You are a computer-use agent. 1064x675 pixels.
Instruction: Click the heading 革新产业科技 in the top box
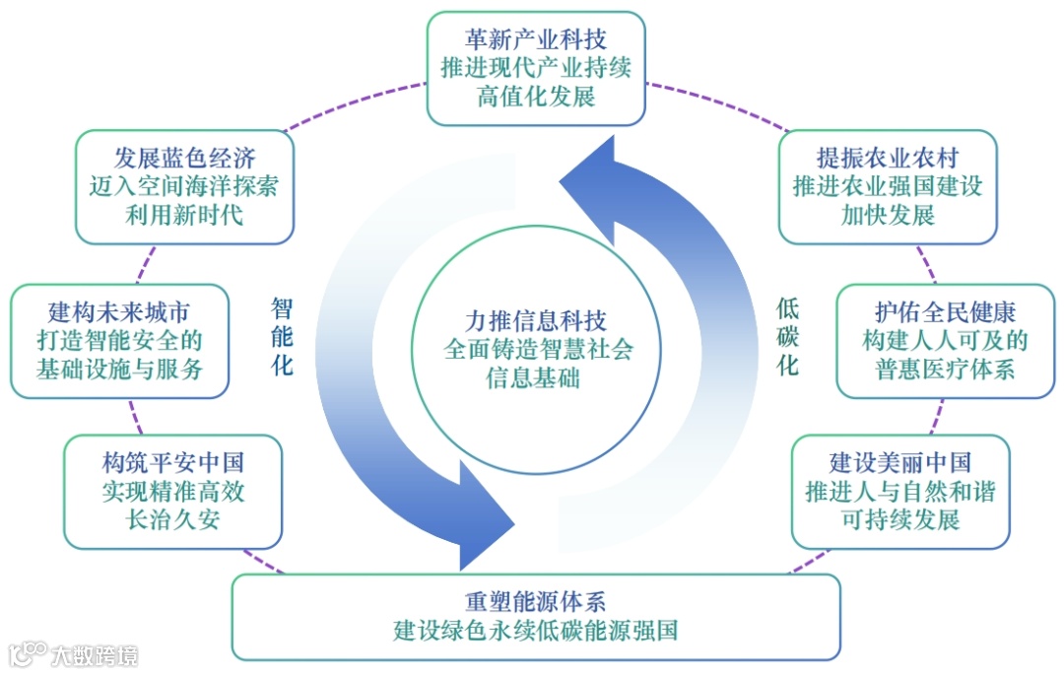tap(536, 39)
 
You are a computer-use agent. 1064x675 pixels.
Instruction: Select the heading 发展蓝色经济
tap(184, 158)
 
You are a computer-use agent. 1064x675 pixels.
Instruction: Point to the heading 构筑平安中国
tap(172, 462)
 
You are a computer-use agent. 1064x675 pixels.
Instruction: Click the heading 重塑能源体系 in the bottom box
tap(536, 601)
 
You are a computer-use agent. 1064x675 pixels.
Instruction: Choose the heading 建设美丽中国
tap(900, 462)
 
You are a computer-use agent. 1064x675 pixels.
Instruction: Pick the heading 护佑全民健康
tap(945, 312)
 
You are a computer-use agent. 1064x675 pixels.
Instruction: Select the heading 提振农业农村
tap(888, 158)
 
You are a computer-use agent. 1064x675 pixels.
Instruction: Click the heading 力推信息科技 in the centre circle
tap(536, 320)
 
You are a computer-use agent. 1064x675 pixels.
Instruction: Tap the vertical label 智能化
tap(282, 336)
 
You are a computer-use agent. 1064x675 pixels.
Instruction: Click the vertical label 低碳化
tap(787, 336)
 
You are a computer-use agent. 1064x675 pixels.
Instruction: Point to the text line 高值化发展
tap(536, 98)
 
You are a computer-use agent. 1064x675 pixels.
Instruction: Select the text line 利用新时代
tap(184, 215)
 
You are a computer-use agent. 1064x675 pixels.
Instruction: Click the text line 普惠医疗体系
tap(945, 371)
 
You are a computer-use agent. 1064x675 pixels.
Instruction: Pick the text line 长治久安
tap(172, 519)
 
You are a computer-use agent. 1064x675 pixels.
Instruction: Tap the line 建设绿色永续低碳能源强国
tap(536, 631)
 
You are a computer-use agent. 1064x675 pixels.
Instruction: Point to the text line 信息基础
tap(536, 378)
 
